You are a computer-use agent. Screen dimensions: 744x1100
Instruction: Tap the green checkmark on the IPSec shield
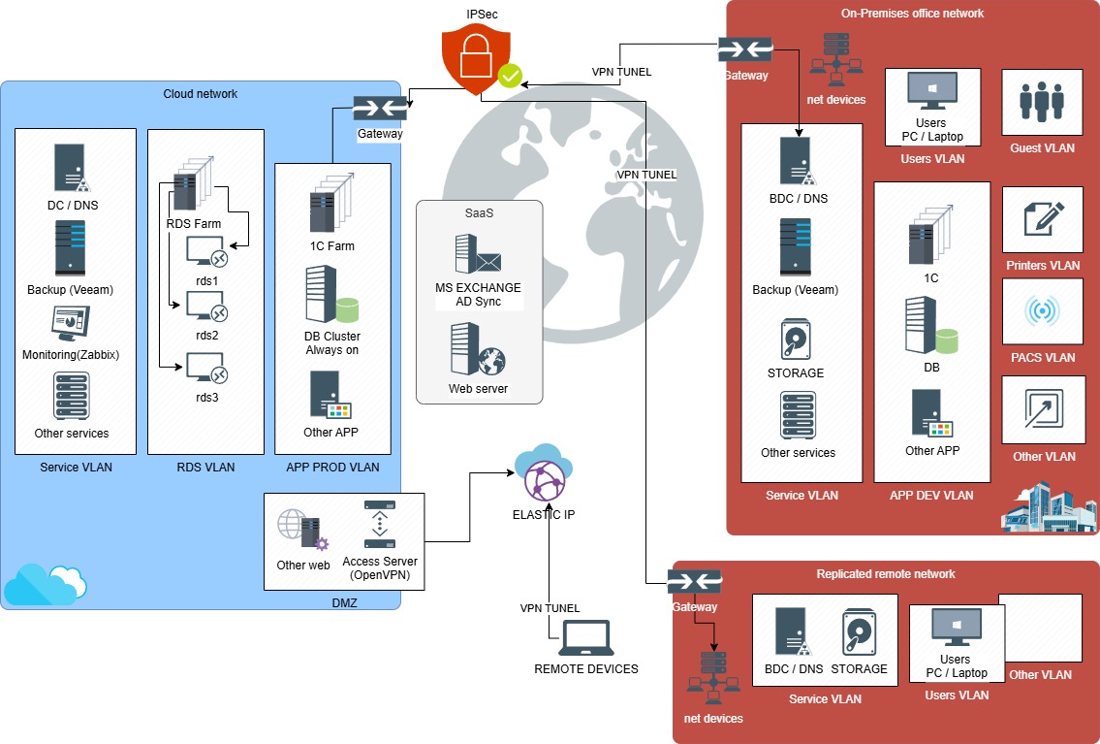tap(510, 76)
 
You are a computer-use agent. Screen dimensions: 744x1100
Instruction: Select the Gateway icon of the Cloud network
tap(379, 109)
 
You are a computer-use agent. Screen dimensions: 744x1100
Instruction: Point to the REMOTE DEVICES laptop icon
tap(585, 639)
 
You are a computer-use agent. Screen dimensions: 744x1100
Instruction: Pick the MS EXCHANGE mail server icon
tap(478, 254)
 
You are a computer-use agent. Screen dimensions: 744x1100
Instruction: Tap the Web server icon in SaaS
tap(478, 350)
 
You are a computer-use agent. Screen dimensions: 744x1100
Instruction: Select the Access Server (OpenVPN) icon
tap(379, 524)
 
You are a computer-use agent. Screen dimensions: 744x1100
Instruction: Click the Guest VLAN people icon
tap(1042, 100)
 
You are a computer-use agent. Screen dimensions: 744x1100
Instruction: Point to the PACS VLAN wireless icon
tap(1042, 311)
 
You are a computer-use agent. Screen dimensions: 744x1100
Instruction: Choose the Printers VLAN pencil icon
tap(1043, 219)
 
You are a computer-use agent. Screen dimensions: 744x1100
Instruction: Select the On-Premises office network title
tap(912, 14)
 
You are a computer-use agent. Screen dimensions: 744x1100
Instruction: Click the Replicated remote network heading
tap(886, 574)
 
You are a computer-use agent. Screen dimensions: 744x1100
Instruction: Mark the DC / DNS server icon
tap(71, 168)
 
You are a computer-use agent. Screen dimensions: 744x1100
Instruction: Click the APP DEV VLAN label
tap(931, 496)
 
